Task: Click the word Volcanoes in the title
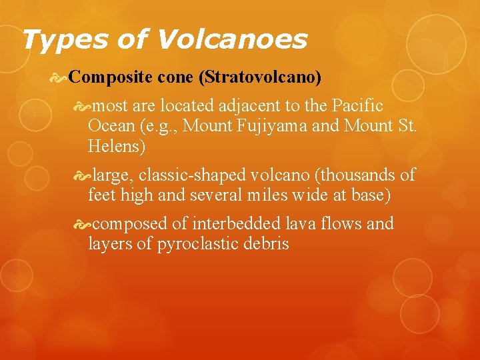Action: tap(232, 40)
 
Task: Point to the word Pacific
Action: tap(358, 105)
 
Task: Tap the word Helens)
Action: tap(117, 147)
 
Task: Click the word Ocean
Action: tap(111, 127)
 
